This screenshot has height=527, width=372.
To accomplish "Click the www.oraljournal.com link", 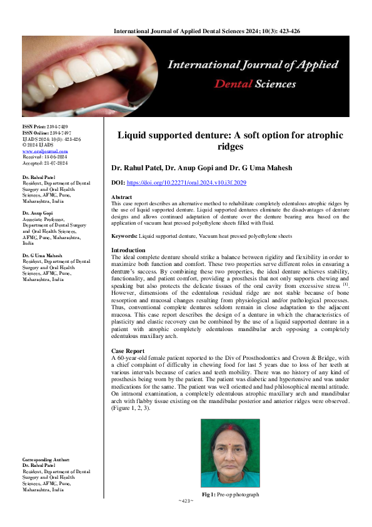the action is click(x=36, y=151).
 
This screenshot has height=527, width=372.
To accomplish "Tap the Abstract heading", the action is click(x=123, y=196).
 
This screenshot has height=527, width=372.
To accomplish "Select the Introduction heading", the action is click(x=128, y=250).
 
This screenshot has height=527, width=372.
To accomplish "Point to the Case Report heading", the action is click(x=128, y=352).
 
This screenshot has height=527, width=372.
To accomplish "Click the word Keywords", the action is click(x=124, y=237).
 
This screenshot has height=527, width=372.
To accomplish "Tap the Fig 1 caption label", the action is click(x=209, y=494).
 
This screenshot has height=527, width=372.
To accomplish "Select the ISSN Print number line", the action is click(x=44, y=127).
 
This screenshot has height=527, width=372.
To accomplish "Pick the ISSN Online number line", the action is click(x=46, y=133).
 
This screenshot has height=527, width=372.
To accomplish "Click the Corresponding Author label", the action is click(x=46, y=460).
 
